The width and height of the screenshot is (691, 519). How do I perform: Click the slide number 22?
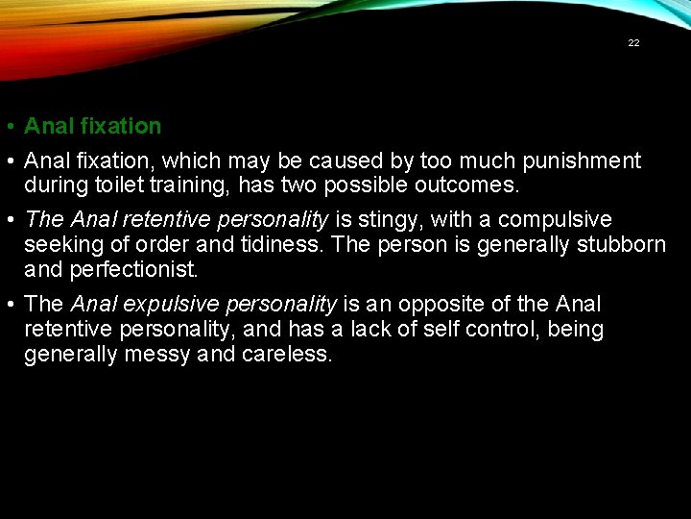coord(633,43)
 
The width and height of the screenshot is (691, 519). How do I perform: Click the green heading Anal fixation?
coord(92,126)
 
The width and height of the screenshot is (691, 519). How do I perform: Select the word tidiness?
coord(279,244)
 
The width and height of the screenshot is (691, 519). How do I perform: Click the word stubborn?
coord(621,244)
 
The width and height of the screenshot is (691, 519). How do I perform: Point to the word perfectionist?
coord(134,268)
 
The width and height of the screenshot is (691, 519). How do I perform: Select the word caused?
coord(343,161)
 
